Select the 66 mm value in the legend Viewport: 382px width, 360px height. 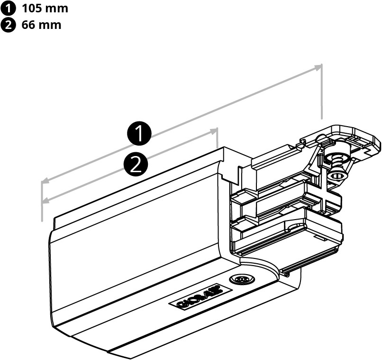(41, 25)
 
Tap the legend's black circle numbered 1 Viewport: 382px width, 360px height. (8, 9)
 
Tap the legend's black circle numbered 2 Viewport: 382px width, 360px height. (8, 25)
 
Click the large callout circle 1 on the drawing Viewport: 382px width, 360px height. (139, 133)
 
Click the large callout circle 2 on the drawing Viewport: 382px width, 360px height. (136, 164)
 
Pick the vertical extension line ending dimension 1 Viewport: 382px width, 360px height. (321, 92)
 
